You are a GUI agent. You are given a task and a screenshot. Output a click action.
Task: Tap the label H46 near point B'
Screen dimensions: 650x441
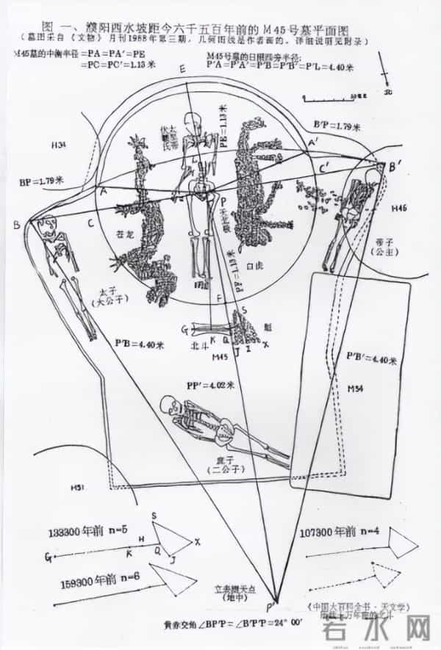click(x=399, y=209)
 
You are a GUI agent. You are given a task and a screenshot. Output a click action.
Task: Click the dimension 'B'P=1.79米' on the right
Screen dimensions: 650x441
click(x=337, y=126)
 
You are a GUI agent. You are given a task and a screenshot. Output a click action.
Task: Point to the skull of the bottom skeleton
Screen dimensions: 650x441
click(x=169, y=405)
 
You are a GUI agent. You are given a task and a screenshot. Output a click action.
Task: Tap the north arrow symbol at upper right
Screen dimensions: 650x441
click(x=387, y=80)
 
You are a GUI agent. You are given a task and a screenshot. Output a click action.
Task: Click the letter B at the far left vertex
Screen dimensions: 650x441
click(x=16, y=225)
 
